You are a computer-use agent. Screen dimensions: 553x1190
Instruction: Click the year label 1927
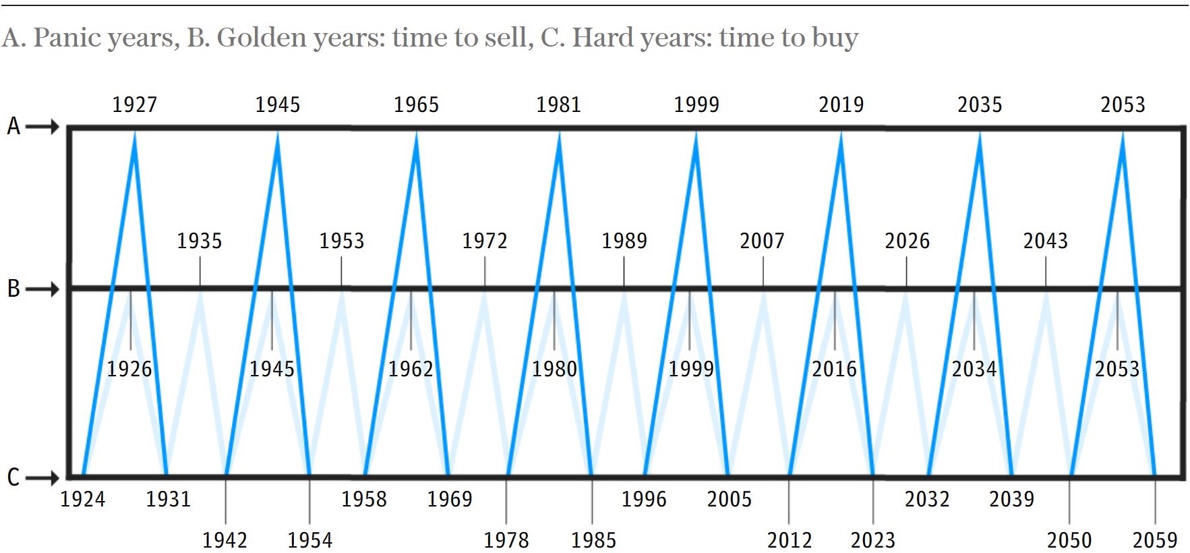pyautogui.click(x=134, y=105)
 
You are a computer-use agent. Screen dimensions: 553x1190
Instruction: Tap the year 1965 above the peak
pyautogui.click(x=416, y=105)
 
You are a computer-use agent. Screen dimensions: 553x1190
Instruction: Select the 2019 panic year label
pyautogui.click(x=841, y=105)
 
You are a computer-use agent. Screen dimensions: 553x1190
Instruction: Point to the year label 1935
pyautogui.click(x=199, y=241)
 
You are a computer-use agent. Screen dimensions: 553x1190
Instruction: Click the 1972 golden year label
pyautogui.click(x=484, y=241)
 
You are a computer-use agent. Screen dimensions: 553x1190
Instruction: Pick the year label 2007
pyautogui.click(x=762, y=241)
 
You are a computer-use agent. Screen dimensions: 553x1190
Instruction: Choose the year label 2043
pyautogui.click(x=1045, y=241)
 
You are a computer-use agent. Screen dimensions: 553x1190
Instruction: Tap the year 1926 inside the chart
pyautogui.click(x=129, y=369)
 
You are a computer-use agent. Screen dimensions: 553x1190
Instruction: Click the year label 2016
pyautogui.click(x=834, y=369)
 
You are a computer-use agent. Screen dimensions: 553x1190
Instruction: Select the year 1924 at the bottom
pyautogui.click(x=83, y=499)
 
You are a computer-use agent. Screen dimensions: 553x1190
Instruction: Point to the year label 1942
pyautogui.click(x=225, y=540)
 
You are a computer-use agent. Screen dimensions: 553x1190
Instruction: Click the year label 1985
pyautogui.click(x=593, y=540)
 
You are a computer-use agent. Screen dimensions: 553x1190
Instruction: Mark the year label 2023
pyautogui.click(x=872, y=540)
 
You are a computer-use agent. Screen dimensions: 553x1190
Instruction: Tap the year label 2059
pyautogui.click(x=1154, y=540)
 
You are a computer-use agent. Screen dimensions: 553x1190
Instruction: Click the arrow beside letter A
pyautogui.click(x=43, y=127)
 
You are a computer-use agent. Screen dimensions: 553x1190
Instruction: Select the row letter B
pyautogui.click(x=13, y=289)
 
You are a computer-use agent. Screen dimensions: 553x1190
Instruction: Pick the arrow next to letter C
pyautogui.click(x=43, y=478)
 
